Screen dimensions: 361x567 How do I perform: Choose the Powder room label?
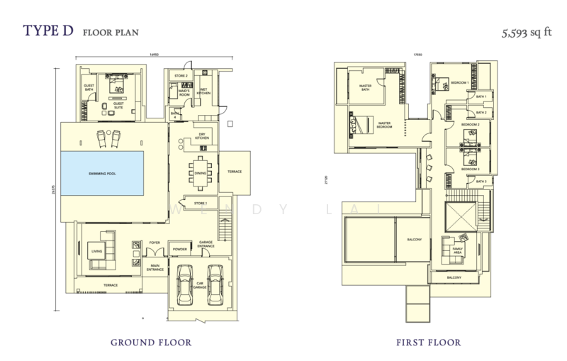coord(181,249)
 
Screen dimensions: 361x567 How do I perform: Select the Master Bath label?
coord(366,88)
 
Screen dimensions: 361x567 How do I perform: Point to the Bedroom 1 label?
coord(459,84)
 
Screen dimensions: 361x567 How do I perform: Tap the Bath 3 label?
coord(481,182)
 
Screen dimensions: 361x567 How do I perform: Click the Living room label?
coord(96,250)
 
